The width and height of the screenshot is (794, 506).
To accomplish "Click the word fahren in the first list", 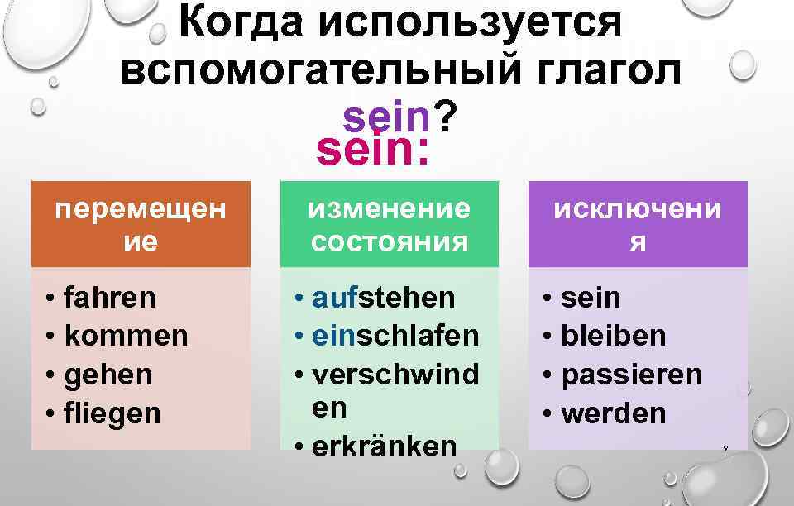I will pos(109,298).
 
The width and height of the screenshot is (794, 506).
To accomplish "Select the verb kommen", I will pos(126,337).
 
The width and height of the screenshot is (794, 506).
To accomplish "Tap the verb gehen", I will pos(108,375).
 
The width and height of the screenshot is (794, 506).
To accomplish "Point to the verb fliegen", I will pos(112,413).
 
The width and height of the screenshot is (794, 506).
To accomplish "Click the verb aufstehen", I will pos(384,298).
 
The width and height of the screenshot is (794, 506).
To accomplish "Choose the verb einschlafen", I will pos(395,337).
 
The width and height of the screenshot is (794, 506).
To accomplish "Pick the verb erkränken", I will pos(385,446).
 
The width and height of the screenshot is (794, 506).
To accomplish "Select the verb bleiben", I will pos(613,337).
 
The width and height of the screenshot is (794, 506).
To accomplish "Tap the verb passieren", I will pos(632,375).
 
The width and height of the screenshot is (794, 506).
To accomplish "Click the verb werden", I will pos(613,413).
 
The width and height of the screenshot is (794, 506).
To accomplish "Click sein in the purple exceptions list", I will pos(591,298).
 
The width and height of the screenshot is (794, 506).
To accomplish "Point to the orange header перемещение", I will pos(141,225).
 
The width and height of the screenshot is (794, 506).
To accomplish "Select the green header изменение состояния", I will pos(390,225).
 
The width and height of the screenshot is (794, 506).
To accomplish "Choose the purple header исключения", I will pos(638,225).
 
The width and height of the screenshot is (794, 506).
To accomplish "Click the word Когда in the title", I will pos(239,23).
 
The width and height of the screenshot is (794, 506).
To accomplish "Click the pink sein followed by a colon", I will pos(372,150).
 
